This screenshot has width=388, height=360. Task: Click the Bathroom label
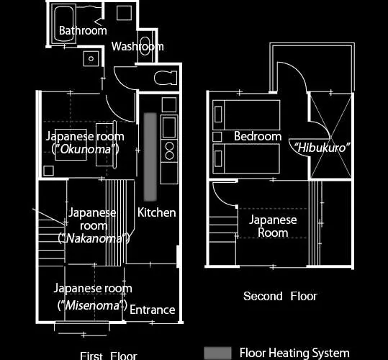(83, 30)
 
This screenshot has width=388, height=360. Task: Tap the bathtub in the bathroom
(64, 24)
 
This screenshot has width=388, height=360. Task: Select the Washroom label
(137, 46)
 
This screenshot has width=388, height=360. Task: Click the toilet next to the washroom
(165, 78)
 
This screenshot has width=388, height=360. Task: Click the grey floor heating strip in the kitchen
(150, 157)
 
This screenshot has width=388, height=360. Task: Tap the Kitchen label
(157, 212)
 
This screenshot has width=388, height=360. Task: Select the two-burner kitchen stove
(169, 150)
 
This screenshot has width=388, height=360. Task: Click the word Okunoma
(86, 149)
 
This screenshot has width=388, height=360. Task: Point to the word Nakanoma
(94, 238)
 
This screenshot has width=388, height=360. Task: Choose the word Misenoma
(92, 305)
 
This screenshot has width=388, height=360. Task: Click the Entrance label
(153, 310)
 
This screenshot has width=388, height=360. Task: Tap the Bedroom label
(258, 136)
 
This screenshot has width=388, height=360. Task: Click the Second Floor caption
(280, 296)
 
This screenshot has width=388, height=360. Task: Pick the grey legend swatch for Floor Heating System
(217, 353)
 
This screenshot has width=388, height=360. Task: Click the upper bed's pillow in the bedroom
(218, 114)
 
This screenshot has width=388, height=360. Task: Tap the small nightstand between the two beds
(217, 137)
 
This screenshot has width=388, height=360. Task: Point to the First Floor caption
(109, 356)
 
